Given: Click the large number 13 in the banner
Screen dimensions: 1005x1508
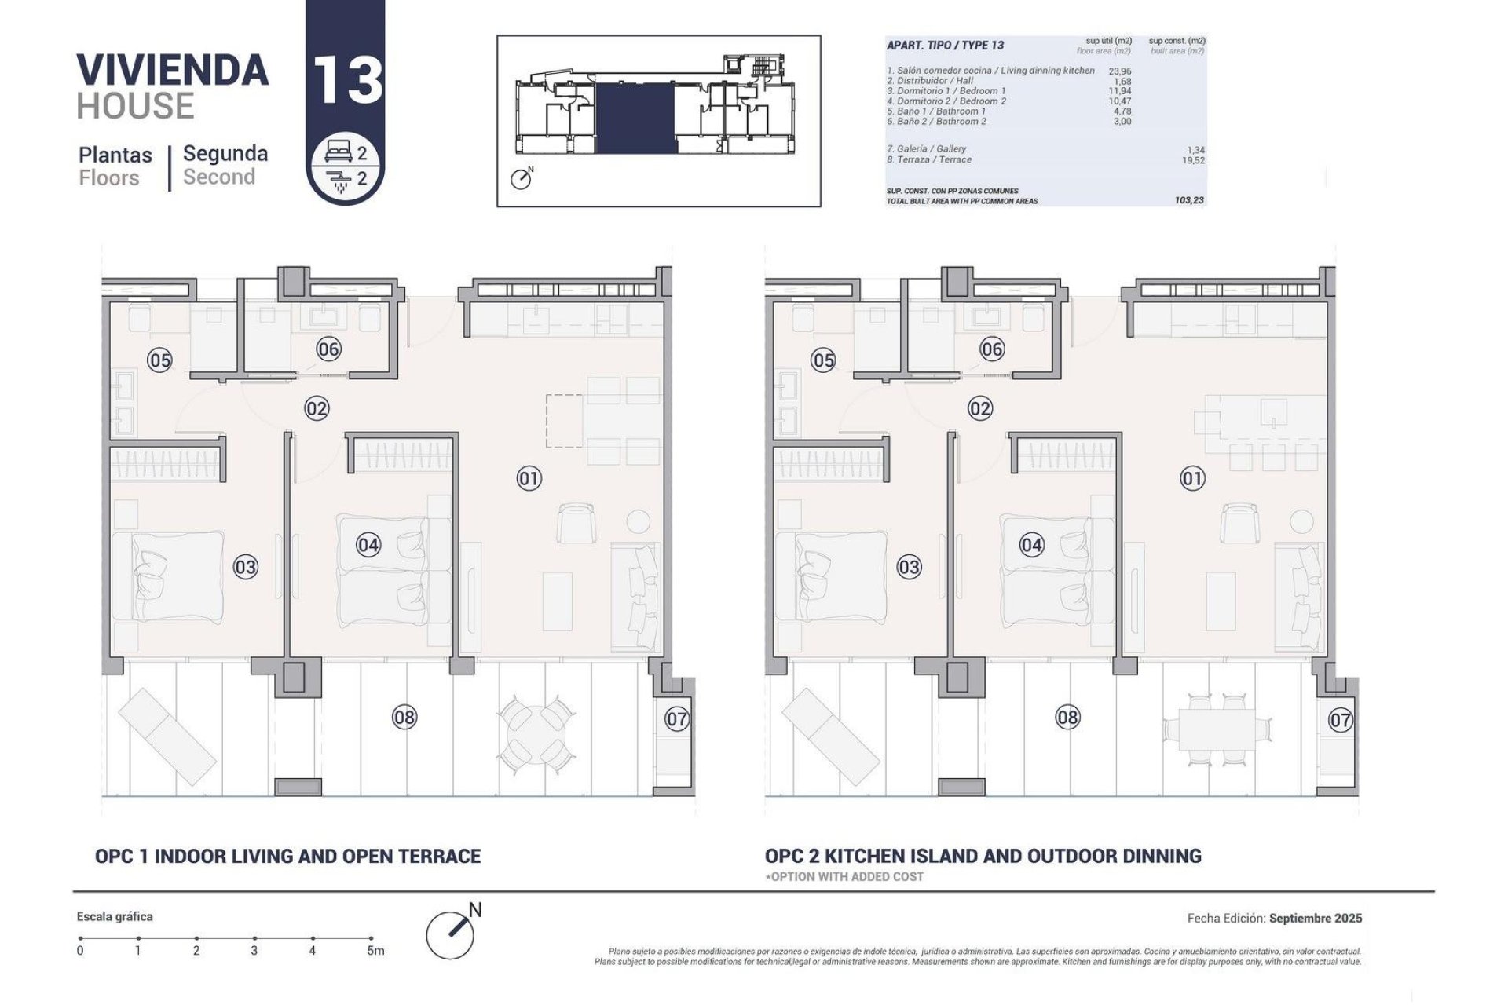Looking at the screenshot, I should pyautogui.click(x=346, y=79).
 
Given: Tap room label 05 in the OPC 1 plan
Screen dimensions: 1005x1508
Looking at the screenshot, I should pyautogui.click(x=159, y=360).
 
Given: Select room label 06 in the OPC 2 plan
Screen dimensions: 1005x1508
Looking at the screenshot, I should pyautogui.click(x=992, y=349).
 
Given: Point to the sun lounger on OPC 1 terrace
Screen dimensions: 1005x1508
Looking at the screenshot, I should pyautogui.click(x=167, y=730).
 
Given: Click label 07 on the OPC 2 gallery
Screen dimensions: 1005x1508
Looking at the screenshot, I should pyautogui.click(x=1340, y=719).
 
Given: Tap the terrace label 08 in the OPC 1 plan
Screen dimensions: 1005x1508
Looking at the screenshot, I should pyautogui.click(x=404, y=717).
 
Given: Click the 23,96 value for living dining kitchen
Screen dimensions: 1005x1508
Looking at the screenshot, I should pyautogui.click(x=1119, y=71).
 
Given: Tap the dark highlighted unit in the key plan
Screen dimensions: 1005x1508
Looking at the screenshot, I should pyautogui.click(x=635, y=118).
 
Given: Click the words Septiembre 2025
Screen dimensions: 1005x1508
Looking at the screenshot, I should pyautogui.click(x=1316, y=918).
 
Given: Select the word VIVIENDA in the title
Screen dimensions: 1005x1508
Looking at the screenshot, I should pyautogui.click(x=173, y=70).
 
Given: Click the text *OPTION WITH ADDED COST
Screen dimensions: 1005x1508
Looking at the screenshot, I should pyautogui.click(x=844, y=876).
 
